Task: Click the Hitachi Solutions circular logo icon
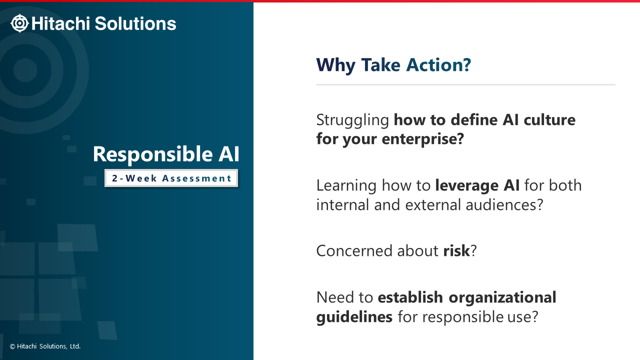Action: click(19, 23)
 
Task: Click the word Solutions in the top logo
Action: click(135, 23)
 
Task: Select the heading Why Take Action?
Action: click(393, 65)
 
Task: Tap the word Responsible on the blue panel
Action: click(152, 154)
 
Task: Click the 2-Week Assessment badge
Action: click(171, 178)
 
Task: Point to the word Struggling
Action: click(352, 120)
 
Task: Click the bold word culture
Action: click(549, 119)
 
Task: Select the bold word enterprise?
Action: click(422, 139)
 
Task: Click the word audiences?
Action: click(504, 205)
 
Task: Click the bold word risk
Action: click(456, 250)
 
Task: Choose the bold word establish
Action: click(410, 297)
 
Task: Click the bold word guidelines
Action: click(354, 317)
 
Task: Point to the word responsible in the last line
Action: click(462, 317)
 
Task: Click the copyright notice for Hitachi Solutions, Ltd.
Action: click(45, 346)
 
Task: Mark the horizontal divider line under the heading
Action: click(465, 84)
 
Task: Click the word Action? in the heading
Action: click(438, 65)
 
